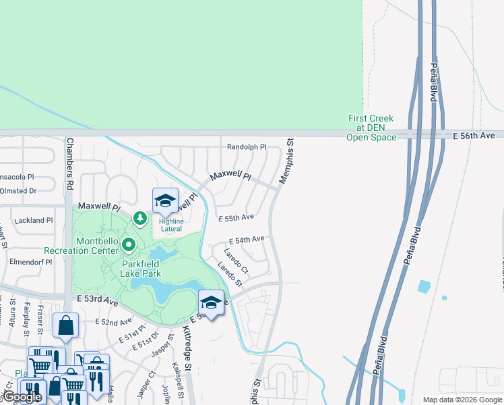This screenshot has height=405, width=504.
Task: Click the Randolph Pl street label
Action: pyautogui.click(x=247, y=146)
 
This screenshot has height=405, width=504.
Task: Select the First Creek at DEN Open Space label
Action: pyautogui.click(x=371, y=128)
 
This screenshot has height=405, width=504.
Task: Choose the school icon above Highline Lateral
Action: pyautogui.click(x=165, y=201)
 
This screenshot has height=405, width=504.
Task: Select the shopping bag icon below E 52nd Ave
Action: pyautogui.click(x=67, y=326)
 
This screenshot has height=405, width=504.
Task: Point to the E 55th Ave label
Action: pyautogui.click(x=236, y=217)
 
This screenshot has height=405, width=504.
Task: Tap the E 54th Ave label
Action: pyautogui.click(x=247, y=240)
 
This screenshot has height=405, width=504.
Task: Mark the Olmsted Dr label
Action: pyautogui.click(x=18, y=191)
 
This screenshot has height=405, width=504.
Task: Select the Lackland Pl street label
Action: pyautogui.click(x=32, y=220)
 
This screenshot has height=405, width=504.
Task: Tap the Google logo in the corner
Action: pyautogui.click(x=22, y=397)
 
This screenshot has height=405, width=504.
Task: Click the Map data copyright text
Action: pyautogui.click(x=462, y=400)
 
